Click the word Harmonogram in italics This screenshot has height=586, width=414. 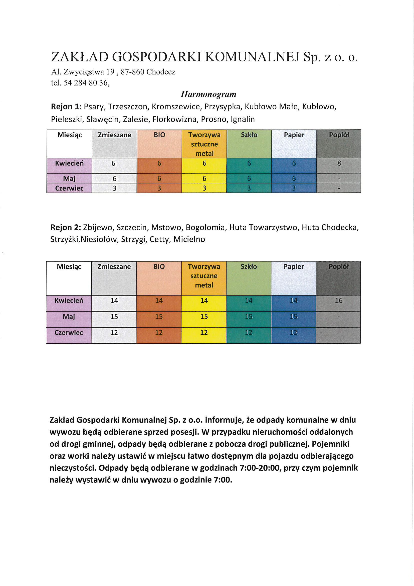(x=208, y=94)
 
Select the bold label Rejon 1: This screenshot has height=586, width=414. (x=66, y=107)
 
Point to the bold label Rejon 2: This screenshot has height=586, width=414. (x=66, y=227)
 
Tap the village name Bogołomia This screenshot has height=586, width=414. (x=205, y=227)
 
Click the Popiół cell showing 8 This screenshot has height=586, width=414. (x=339, y=163)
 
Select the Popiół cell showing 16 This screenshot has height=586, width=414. (x=339, y=301)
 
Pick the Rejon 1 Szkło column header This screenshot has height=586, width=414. (x=249, y=135)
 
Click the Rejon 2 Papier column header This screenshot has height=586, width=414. (x=294, y=267)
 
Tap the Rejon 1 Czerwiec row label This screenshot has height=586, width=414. (x=69, y=188)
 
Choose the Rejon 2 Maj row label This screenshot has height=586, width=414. (x=69, y=317)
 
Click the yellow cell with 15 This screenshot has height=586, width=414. (x=204, y=317)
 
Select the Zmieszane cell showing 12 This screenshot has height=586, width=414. (x=114, y=333)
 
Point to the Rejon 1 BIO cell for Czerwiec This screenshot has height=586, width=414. (x=159, y=188)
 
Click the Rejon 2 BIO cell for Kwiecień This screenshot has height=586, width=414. (x=159, y=301)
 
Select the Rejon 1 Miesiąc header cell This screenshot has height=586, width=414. (x=70, y=135)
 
